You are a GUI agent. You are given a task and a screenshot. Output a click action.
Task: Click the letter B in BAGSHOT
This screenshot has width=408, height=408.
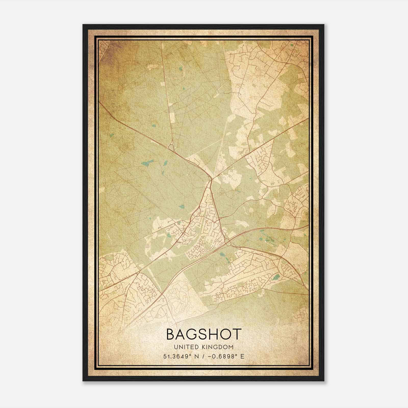171,334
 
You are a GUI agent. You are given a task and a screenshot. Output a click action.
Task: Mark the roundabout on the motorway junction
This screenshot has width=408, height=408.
228,241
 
